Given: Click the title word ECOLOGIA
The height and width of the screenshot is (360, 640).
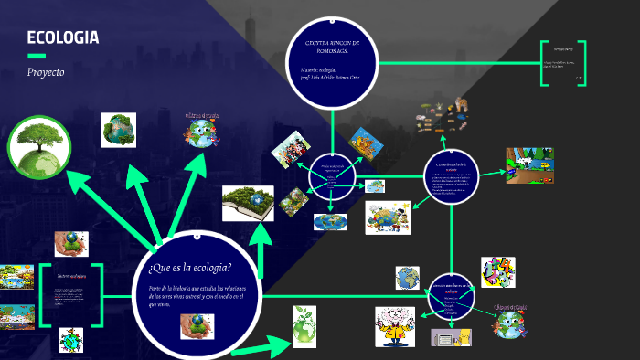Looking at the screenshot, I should point(62,37).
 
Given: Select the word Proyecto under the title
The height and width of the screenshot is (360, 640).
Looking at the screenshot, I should point(46,71).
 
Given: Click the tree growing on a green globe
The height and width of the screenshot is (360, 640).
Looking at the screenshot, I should point(39,143).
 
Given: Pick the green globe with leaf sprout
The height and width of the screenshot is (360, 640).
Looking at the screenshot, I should point(304,325).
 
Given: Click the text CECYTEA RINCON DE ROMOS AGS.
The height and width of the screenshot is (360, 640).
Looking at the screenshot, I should point(332,48).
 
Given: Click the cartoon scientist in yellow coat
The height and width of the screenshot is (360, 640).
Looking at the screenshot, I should point(396,326).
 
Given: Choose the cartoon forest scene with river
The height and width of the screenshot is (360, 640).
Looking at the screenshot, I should point(529,165).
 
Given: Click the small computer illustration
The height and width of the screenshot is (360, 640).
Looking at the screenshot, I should point(445,337).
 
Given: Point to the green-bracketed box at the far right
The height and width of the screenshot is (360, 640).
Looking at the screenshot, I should point(562,63).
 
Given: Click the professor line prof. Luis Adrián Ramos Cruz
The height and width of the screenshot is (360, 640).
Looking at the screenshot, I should point(330,78).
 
